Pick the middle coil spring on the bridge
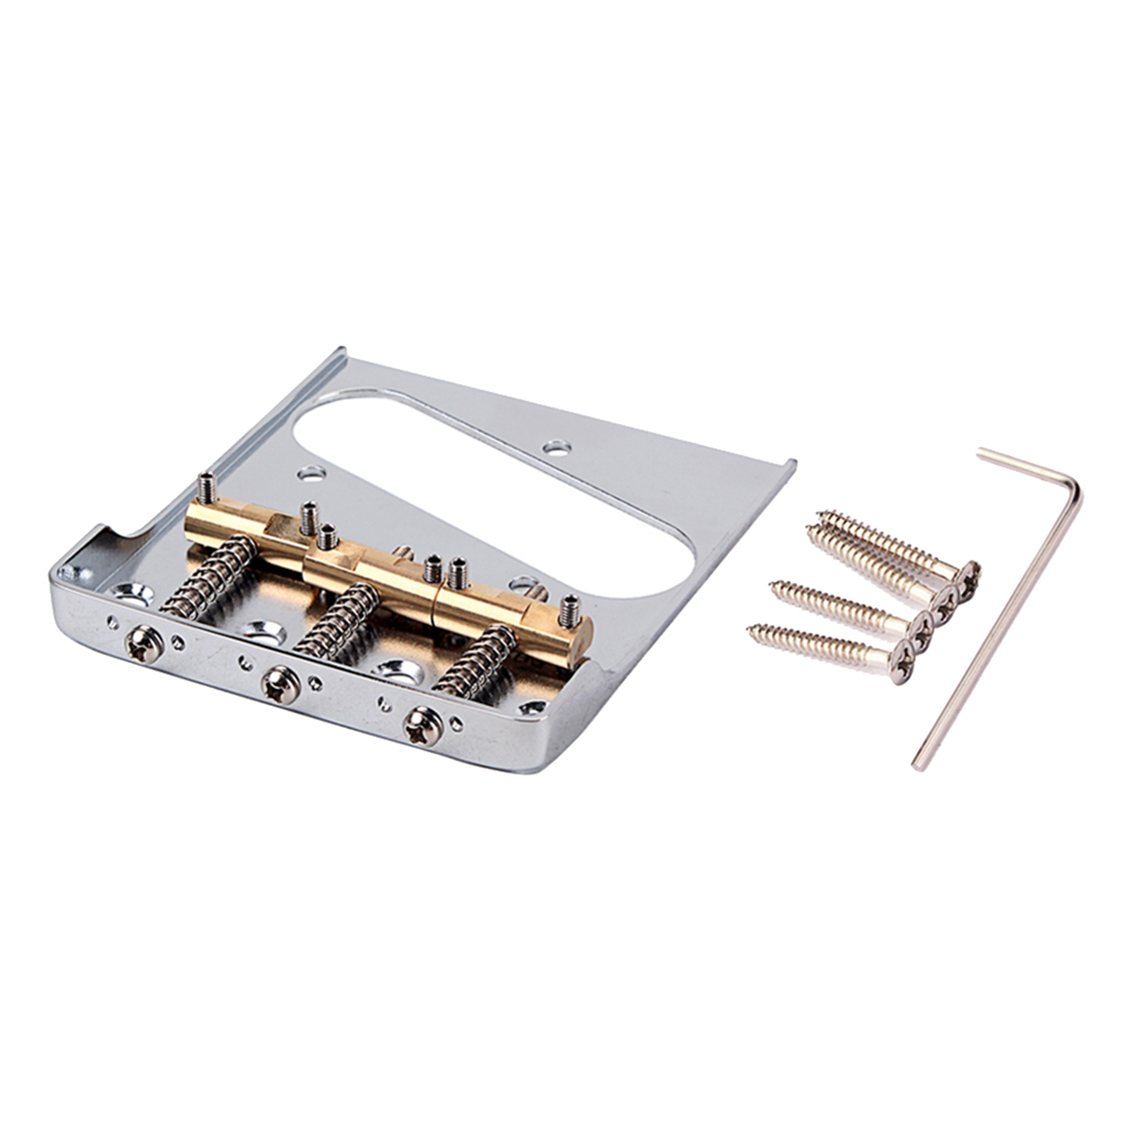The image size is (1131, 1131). tap(337, 615)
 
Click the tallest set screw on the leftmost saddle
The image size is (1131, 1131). tap(205, 486)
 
